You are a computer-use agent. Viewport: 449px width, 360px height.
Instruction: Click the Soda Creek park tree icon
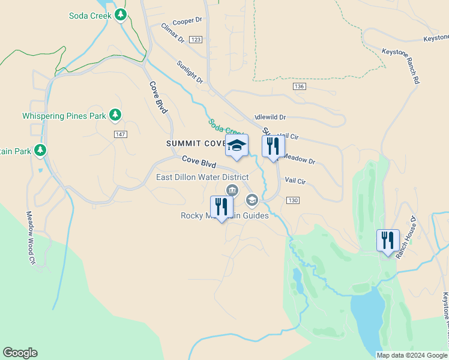[x=121, y=14]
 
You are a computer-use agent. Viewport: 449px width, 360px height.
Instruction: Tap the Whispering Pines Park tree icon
[x=115, y=115]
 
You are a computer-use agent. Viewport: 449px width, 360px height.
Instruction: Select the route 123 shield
[x=194, y=39]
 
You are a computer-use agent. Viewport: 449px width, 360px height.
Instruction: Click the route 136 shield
[x=300, y=87]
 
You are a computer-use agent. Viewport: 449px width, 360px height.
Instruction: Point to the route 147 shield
[x=120, y=134]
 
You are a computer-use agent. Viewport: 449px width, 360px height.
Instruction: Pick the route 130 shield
[x=292, y=200]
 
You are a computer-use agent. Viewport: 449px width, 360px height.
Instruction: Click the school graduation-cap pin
[x=237, y=146]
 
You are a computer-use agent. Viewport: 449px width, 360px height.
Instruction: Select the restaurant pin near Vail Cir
[x=273, y=146]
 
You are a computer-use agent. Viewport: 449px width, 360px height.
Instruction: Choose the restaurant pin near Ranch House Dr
[x=388, y=240]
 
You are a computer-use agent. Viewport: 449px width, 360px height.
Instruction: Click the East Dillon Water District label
[x=202, y=178]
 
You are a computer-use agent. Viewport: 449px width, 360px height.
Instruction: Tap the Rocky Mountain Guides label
[x=224, y=215]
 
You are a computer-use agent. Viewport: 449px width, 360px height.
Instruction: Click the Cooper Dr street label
[x=190, y=21]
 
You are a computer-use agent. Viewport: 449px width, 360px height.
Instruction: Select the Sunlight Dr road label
[x=190, y=72]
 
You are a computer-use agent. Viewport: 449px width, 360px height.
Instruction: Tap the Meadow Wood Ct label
[x=31, y=238]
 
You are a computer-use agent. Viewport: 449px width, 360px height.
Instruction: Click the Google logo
[x=20, y=353]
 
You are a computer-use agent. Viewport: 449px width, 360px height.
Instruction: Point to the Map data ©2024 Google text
[x=412, y=355]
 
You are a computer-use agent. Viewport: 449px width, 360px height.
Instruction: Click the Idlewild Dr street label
[x=270, y=118]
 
